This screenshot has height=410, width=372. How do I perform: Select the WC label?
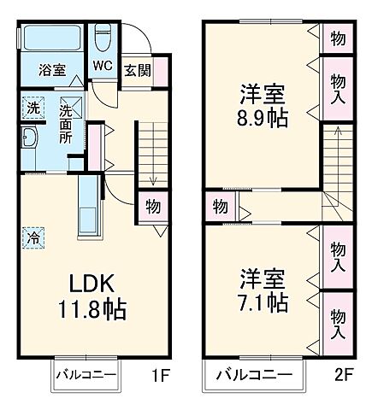[x=103, y=66]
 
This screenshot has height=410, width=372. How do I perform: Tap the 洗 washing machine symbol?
[x=31, y=109]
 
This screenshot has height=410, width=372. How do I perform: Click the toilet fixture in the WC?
[x=103, y=37]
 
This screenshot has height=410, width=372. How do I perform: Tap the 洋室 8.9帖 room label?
[x=263, y=105]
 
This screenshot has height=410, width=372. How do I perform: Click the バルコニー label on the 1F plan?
[x=87, y=374]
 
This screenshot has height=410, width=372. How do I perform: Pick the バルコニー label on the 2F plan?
[x=253, y=374]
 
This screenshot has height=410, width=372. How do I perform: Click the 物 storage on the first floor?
[x=152, y=208]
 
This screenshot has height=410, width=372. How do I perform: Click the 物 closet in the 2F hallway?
[x=220, y=207]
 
